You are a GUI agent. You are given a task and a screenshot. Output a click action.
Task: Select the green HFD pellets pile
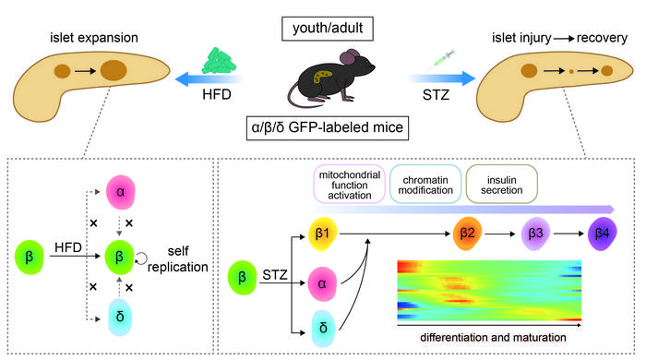coord(221,54)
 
